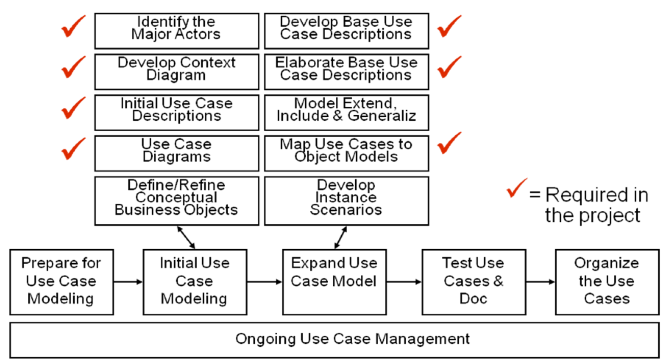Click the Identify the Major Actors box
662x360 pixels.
(177, 31)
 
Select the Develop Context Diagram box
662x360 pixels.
(177, 72)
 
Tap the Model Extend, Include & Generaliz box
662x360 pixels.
(346, 113)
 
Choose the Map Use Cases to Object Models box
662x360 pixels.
(346, 153)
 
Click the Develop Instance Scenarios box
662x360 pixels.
(346, 201)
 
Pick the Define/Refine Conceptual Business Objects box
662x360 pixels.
(177, 201)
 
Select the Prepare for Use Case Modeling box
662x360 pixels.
(61, 282)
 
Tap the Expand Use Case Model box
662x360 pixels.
(334, 282)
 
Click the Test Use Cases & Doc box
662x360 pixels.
(474, 282)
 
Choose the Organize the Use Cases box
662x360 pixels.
(607, 282)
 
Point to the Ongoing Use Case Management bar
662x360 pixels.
(334, 339)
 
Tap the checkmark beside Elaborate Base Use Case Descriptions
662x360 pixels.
(449, 67)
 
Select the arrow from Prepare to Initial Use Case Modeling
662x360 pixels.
(128, 282)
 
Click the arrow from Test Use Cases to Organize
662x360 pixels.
(540, 282)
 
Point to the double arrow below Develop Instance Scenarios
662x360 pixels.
(341, 238)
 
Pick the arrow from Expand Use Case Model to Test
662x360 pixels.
(404, 282)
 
